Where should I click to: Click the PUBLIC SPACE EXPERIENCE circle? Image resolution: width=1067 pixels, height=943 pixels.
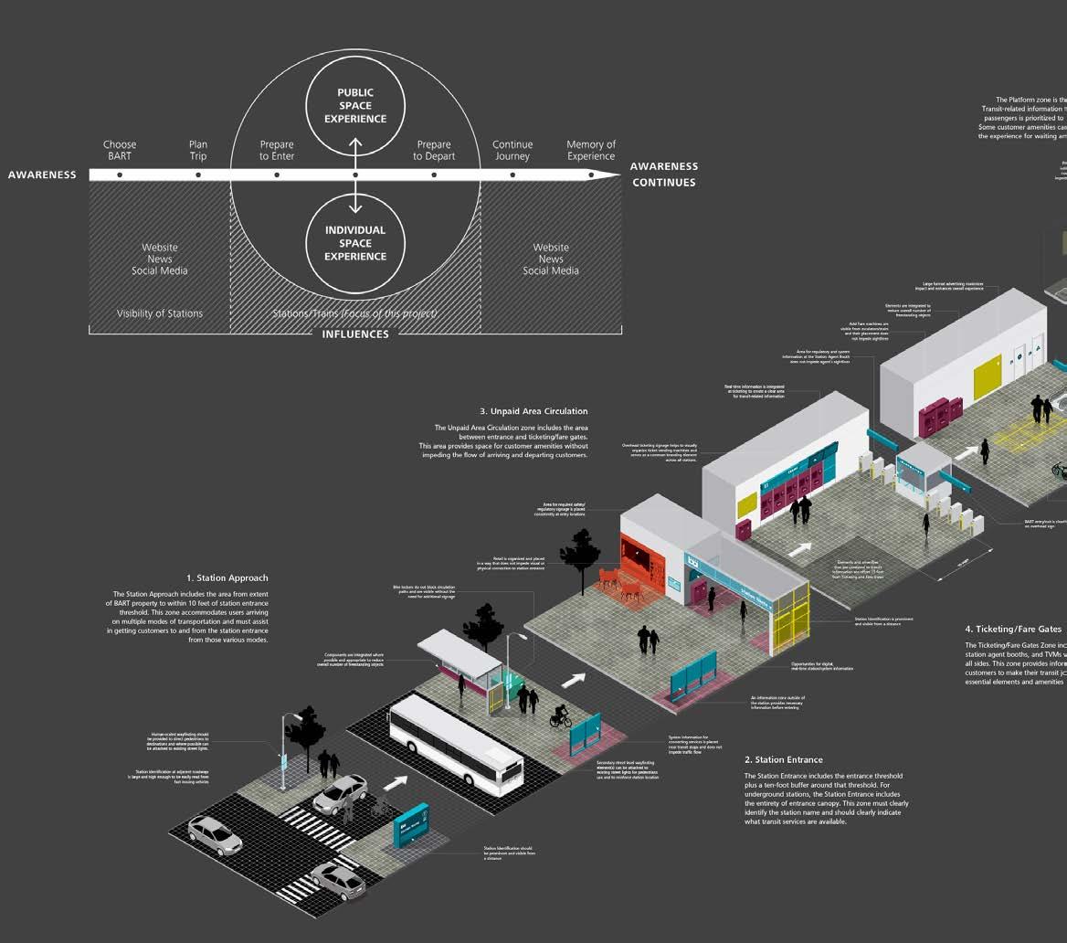tap(355, 106)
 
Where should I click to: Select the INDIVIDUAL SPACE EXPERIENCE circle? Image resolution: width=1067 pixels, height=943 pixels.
tap(355, 243)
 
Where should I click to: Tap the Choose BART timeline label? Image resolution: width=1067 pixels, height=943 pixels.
tap(120, 150)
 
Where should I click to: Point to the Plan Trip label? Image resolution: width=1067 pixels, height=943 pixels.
tap(198, 150)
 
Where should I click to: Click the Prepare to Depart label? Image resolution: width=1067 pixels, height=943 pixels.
tap(434, 150)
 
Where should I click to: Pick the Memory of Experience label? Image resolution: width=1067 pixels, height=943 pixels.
tap(591, 150)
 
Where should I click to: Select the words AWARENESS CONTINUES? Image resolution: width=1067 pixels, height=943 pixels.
tap(663, 174)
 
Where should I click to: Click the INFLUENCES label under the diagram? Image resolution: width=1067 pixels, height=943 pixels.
tap(355, 334)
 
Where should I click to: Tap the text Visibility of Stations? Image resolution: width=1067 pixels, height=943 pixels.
tap(160, 313)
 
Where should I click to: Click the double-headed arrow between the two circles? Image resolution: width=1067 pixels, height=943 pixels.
tap(355, 174)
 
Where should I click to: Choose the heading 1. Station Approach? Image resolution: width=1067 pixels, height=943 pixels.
tap(227, 577)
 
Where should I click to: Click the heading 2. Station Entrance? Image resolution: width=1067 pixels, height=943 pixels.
tap(783, 759)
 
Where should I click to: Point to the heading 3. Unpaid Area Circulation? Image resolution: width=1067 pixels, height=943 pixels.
tap(533, 411)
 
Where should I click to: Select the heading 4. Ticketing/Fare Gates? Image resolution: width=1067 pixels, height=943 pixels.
tap(1013, 629)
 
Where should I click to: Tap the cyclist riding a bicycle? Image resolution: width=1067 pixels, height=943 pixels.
tap(560, 715)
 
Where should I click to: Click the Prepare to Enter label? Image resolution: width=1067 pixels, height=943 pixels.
tap(277, 150)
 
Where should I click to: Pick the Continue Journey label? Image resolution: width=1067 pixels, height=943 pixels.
tap(512, 150)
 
